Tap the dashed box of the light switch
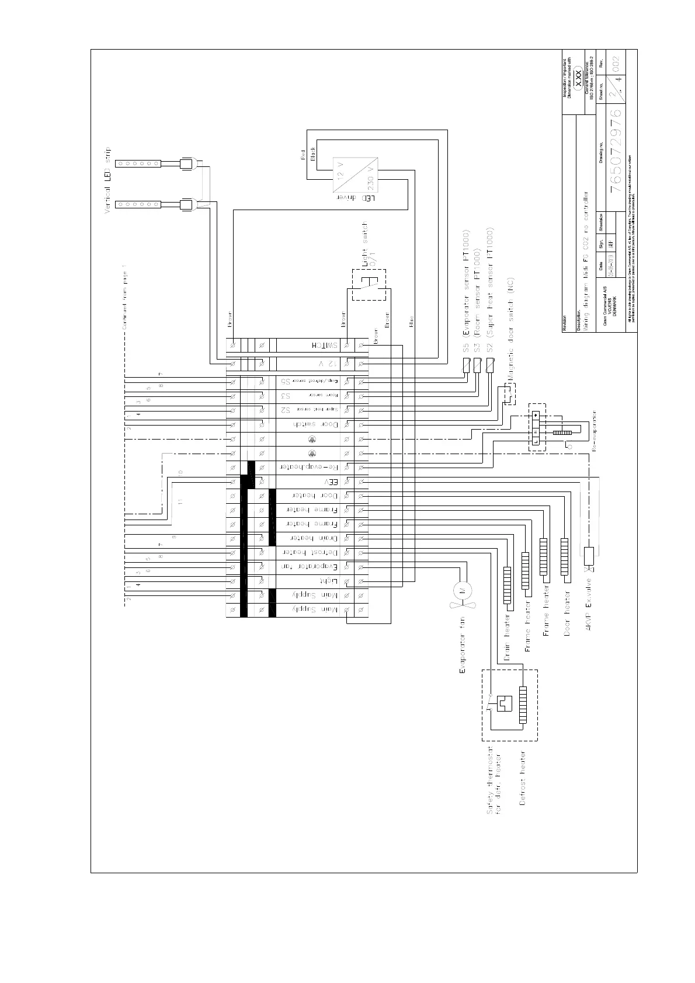pyautogui.click(x=369, y=285)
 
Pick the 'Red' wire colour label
pyautogui.click(x=303, y=155)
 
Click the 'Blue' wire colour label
pyautogui.click(x=411, y=321)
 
